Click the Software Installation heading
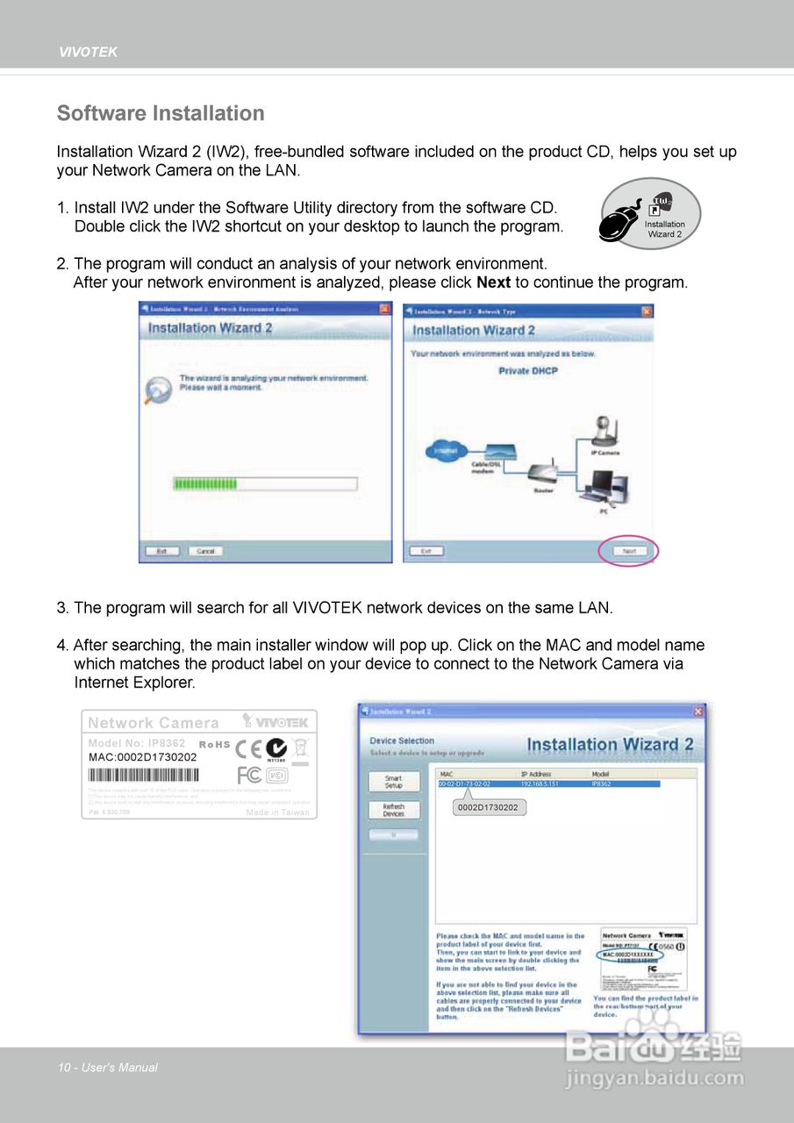pyautogui.click(x=161, y=113)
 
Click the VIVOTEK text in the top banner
pyautogui.click(x=88, y=52)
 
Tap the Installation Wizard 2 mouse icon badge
pyautogui.click(x=649, y=214)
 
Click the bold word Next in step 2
pyautogui.click(x=493, y=283)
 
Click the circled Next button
pyautogui.click(x=628, y=551)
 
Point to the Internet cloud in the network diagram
pyautogui.click(x=444, y=453)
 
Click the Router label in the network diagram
pyautogui.click(x=544, y=490)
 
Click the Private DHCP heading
pyautogui.click(x=528, y=371)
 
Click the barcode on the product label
pyautogui.click(x=144, y=775)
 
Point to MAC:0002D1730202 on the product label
pyautogui.click(x=143, y=756)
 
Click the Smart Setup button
pyautogui.click(x=393, y=782)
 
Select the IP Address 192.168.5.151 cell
pyautogui.click(x=540, y=783)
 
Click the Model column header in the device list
pyautogui.click(x=602, y=774)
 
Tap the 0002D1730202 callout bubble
pyautogui.click(x=488, y=807)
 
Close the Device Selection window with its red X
pyautogui.click(x=698, y=712)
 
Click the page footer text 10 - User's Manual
pyautogui.click(x=108, y=1068)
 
